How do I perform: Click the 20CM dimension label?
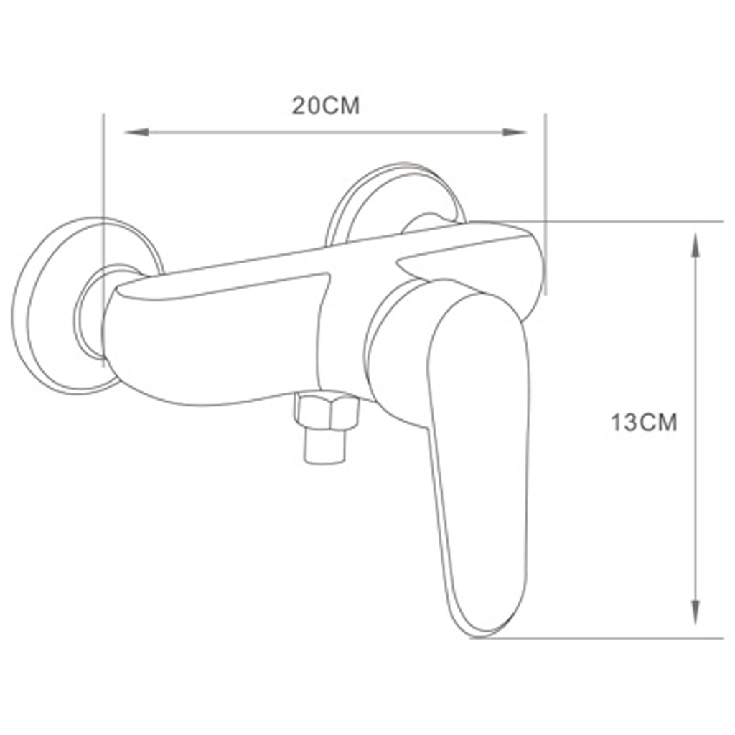coord(326,106)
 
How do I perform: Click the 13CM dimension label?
coord(644,423)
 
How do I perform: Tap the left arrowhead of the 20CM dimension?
coord(136,132)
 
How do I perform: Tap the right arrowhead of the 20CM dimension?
coord(514,132)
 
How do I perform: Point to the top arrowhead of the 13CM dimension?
coord(696,244)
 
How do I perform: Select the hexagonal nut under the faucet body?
coord(327,411)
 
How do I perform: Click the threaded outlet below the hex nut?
coord(327,446)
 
